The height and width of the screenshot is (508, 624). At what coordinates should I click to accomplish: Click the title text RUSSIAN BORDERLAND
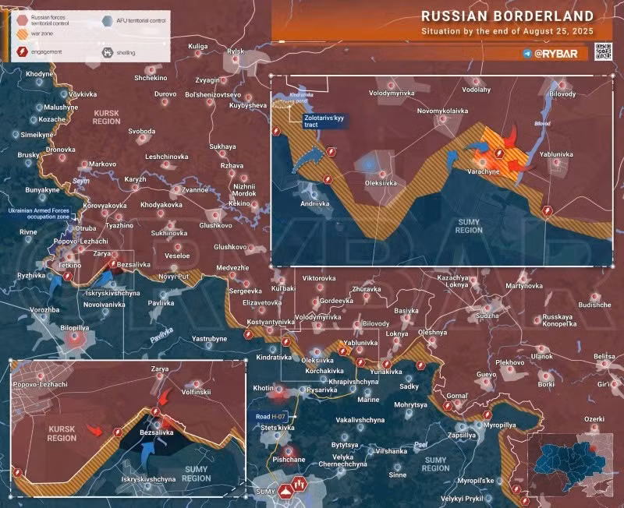[x=505, y=15]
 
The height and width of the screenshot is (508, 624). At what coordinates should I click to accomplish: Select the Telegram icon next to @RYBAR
[x=529, y=53]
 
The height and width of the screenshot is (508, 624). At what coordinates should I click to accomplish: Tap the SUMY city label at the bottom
[x=265, y=492]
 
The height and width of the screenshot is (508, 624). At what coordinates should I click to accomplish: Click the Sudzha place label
[x=487, y=316]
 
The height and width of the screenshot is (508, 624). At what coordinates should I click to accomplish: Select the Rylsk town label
[x=235, y=51]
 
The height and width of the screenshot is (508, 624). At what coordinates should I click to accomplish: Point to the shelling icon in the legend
[x=108, y=54]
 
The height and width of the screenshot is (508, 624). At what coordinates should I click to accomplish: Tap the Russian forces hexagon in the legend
[x=23, y=18]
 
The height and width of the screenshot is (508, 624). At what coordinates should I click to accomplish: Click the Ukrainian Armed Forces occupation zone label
[x=42, y=215]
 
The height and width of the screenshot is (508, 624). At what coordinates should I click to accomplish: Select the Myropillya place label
[x=498, y=425]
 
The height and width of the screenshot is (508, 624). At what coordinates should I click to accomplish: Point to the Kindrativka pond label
[x=300, y=98]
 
